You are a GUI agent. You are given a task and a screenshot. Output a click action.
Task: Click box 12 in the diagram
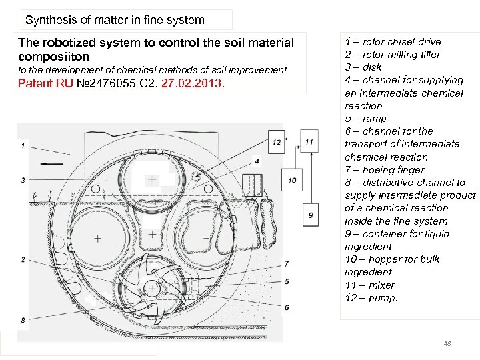point(276,143)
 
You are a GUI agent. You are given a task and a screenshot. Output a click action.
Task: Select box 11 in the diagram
point(309,141)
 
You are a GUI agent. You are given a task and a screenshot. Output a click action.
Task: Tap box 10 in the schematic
point(292,180)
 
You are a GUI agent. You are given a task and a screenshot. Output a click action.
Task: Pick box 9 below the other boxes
point(310,215)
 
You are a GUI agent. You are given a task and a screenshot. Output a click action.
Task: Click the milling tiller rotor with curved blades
point(151,289)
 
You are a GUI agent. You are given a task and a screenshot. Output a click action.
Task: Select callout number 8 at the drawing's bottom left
point(23,321)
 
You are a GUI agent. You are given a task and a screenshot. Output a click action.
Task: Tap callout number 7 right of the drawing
point(286,264)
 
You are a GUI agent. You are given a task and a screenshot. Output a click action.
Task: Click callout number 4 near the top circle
point(257,161)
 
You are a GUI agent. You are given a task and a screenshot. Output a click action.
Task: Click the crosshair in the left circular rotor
point(98,238)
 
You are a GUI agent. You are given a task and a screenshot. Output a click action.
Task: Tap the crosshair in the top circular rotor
point(153,180)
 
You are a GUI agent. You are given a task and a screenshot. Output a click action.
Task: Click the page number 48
point(447,343)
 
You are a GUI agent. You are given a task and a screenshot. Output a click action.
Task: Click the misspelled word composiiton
point(53,57)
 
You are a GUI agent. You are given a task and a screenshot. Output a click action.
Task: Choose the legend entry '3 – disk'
point(363,67)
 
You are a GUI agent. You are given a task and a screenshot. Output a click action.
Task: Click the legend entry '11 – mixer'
point(369,285)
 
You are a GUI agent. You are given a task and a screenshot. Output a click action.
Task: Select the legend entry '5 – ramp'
point(365,119)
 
